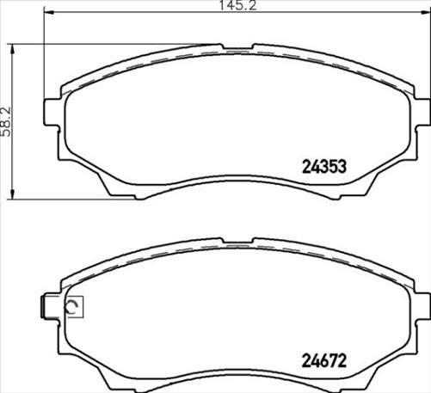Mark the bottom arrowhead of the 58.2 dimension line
click(13, 196)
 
